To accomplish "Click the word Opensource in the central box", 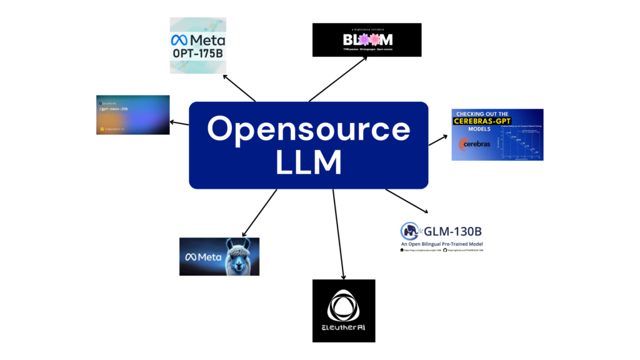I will [308, 129].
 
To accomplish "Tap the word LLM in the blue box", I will [308, 162].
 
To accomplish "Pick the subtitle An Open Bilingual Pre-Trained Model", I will [442, 243].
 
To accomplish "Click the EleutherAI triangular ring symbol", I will [343, 306].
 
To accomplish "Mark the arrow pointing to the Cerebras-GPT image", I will [439, 139].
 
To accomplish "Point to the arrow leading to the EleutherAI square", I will [339, 234].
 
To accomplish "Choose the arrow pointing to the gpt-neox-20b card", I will [181, 122].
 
